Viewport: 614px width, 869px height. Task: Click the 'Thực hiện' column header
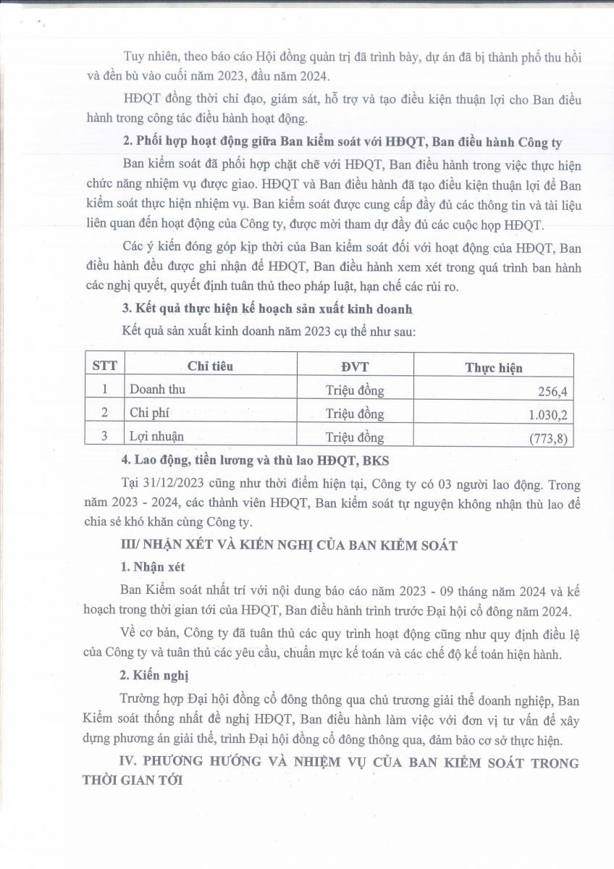tap(493, 368)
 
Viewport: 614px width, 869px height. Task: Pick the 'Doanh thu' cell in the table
tap(158, 390)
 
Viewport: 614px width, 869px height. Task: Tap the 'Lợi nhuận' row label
tap(157, 437)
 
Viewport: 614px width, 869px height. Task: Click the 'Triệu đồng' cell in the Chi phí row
tap(355, 413)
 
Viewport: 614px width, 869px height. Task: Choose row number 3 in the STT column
tap(104, 436)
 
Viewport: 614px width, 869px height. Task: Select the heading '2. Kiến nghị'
tap(156, 676)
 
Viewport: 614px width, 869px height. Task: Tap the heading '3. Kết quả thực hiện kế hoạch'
tap(267, 308)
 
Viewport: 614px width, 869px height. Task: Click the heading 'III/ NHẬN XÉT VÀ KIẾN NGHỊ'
tap(288, 545)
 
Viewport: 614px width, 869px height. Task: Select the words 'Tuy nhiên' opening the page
tap(148, 57)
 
